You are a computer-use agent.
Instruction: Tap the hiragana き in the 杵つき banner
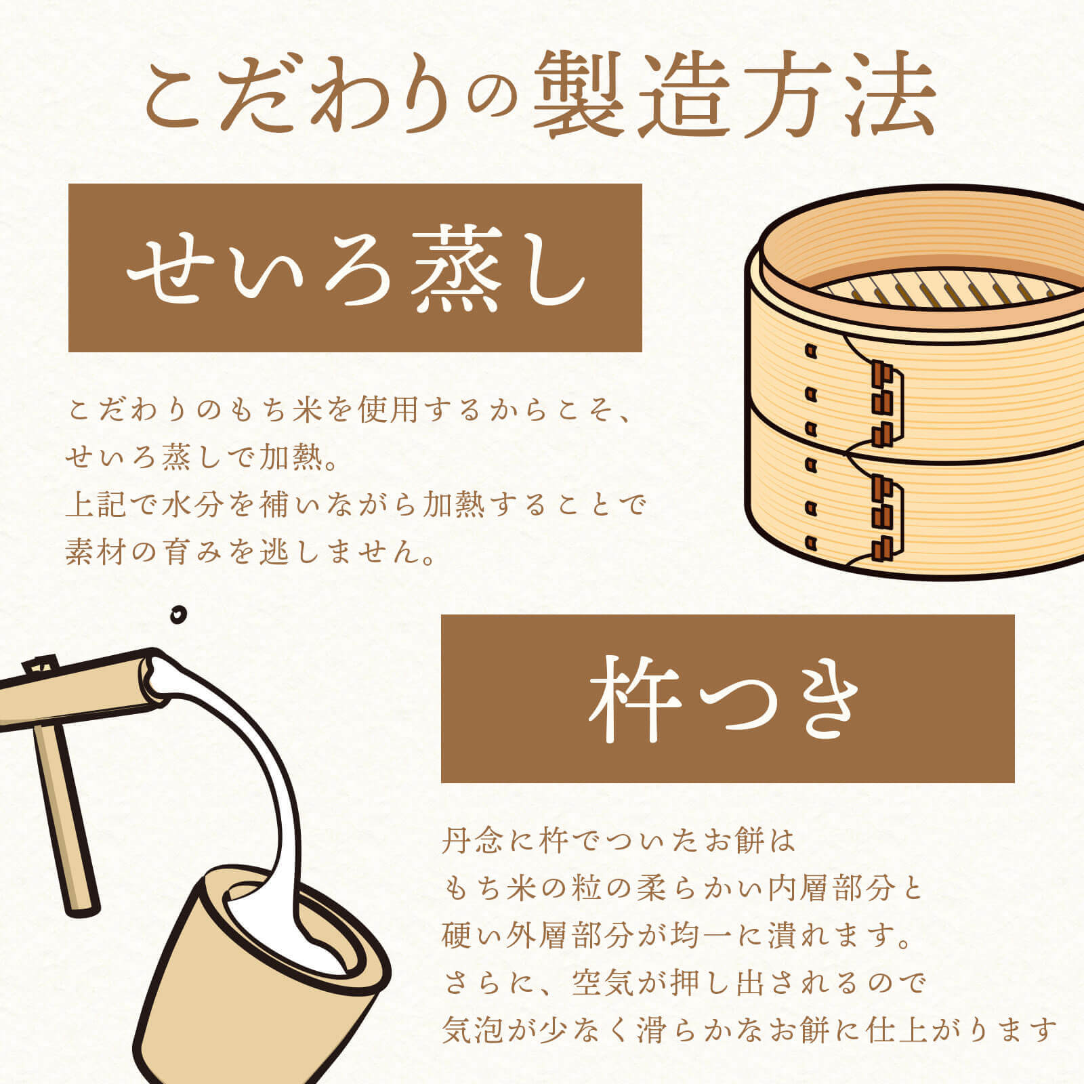[x=822, y=700]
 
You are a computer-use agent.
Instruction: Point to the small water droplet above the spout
[x=178, y=614]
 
